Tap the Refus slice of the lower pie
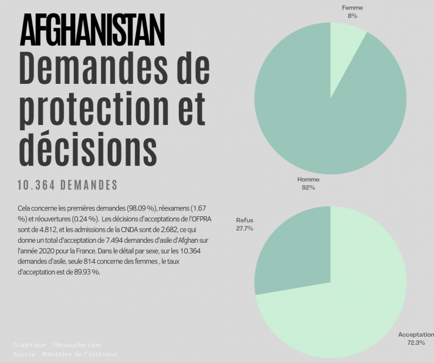pyautogui.click(x=293, y=252)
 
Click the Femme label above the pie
pyautogui.click(x=352, y=8)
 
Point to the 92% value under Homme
pyautogui.click(x=308, y=188)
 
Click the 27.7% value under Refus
pyautogui.click(x=245, y=228)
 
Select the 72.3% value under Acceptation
pyautogui.click(x=416, y=342)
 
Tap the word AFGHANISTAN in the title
pyautogui.click(x=92, y=30)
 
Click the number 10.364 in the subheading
pyautogui.click(x=39, y=185)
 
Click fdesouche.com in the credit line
pyautogui.click(x=76, y=345)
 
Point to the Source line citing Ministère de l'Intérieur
pyautogui.click(x=65, y=354)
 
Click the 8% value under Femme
pyautogui.click(x=352, y=16)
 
